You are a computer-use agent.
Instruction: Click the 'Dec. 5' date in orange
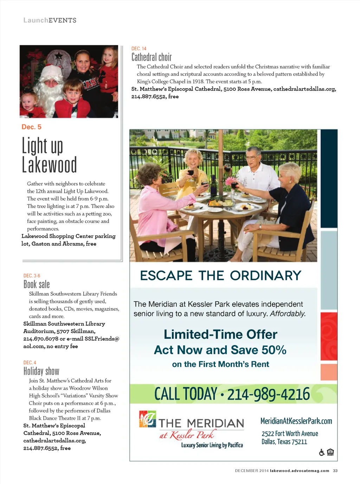31,127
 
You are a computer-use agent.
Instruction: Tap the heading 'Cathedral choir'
152,57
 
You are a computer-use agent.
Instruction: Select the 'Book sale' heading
37,284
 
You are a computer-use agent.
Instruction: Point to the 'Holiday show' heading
41,371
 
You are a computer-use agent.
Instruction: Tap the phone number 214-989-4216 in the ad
269,394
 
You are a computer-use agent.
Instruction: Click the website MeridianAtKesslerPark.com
296,421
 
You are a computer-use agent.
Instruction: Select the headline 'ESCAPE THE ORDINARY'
220,275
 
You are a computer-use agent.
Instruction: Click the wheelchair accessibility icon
322,452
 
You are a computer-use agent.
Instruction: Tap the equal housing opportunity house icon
330,452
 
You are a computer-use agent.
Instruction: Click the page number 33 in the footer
335,471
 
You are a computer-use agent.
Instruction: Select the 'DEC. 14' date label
139,49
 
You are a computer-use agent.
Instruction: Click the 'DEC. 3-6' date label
32,276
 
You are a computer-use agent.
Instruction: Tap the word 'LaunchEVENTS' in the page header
50,20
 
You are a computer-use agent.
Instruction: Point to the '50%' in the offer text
274,350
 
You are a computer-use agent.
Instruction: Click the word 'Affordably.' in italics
288,313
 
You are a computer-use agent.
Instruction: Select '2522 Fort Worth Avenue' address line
290,434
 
